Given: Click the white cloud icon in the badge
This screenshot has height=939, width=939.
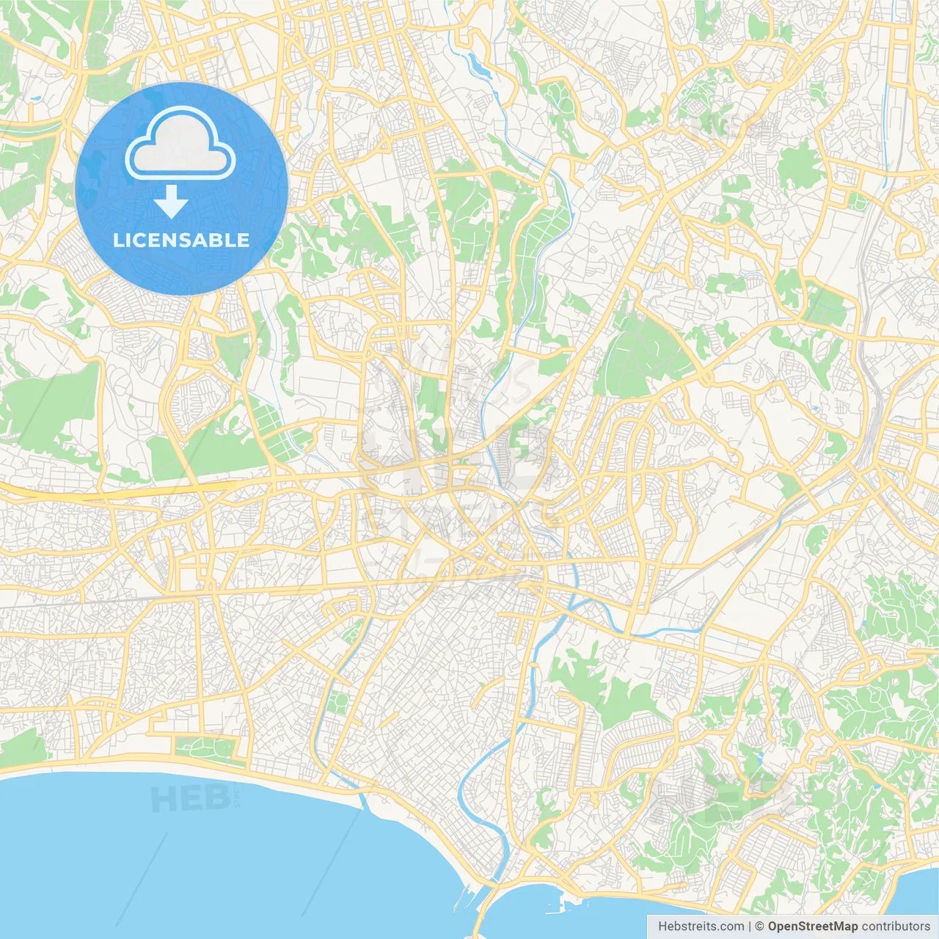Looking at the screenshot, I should [180, 144].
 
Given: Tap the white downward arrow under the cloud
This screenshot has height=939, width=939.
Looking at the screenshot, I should [172, 202].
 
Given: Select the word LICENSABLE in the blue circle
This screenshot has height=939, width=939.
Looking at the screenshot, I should [181, 240].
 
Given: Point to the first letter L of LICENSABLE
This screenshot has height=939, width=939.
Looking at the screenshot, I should [117, 240].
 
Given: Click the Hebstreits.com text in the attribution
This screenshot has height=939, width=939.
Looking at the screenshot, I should [701, 927].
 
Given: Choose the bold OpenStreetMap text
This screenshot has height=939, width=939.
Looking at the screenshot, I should [812, 927].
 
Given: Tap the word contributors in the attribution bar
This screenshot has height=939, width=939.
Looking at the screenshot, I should [896, 927].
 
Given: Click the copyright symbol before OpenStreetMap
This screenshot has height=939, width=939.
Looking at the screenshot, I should [760, 927].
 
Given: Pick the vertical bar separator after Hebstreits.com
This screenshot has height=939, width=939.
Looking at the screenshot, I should [750, 927].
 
